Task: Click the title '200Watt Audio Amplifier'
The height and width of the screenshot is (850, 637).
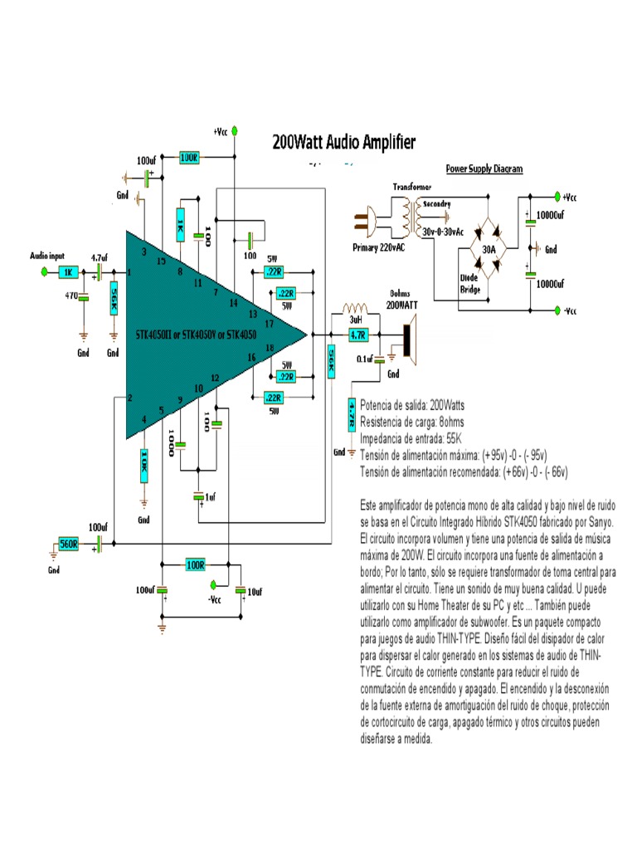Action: tap(344, 142)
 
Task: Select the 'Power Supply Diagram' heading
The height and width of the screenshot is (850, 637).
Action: tap(484, 169)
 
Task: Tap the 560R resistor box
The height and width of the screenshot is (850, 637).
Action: tap(68, 545)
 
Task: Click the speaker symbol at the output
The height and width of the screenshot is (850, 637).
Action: tap(406, 340)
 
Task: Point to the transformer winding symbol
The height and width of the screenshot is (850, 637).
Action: tap(408, 214)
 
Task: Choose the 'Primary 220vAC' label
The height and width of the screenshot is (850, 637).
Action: tap(381, 247)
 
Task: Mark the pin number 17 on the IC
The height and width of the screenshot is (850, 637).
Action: tap(269, 323)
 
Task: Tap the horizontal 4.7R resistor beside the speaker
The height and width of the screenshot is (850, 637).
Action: tap(357, 335)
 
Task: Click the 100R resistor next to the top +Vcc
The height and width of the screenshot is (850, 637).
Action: tap(188, 157)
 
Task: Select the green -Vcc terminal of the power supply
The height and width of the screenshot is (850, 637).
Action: tap(557, 310)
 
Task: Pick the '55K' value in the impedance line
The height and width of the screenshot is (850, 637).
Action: tap(455, 438)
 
